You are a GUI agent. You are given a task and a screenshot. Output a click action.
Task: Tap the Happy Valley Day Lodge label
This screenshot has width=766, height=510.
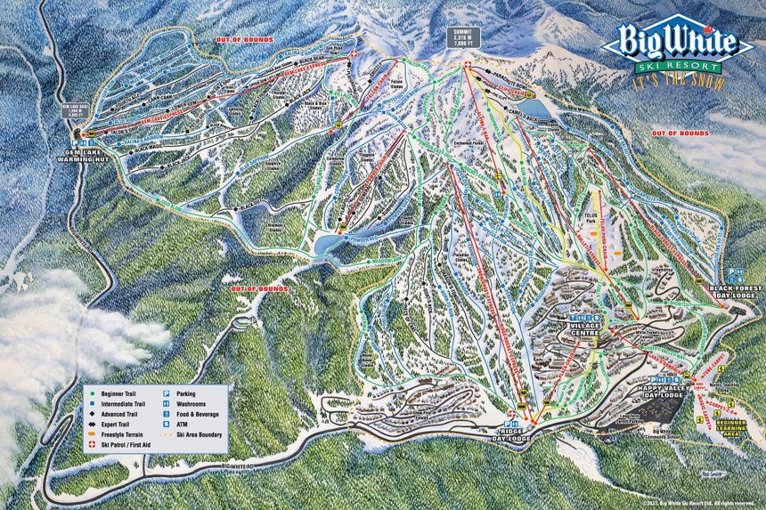pyautogui.click(x=660, y=392)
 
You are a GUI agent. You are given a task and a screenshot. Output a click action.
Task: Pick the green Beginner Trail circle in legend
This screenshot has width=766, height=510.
pyautogui.click(x=92, y=392)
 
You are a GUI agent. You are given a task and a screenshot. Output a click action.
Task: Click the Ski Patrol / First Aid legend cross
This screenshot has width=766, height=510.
pyautogui.click(x=92, y=445)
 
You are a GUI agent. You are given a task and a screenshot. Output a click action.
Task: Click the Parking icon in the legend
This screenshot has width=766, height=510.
pyautogui.click(x=167, y=392)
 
